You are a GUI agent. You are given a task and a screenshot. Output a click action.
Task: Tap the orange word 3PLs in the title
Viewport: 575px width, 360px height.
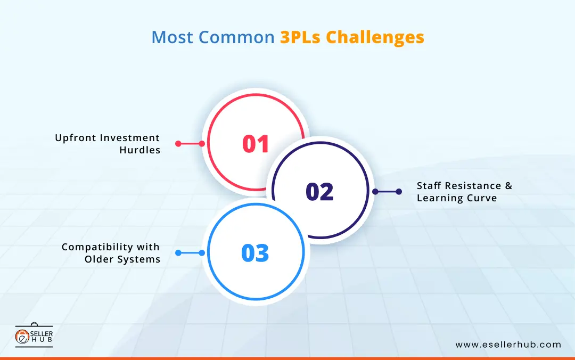tap(300, 37)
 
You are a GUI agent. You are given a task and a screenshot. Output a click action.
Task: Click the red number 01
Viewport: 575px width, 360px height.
tap(256, 144)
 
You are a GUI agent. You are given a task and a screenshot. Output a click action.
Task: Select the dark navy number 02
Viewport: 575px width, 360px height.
tap(319, 192)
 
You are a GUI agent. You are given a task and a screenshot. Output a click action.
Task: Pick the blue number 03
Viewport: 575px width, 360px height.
tap(255, 253)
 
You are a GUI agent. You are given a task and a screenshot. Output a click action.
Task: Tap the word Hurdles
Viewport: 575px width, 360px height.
tap(140, 150)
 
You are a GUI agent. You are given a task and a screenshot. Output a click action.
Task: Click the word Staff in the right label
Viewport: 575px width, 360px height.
tap(430, 186)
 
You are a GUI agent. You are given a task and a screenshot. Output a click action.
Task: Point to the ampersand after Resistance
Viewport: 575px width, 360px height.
tap(508, 186)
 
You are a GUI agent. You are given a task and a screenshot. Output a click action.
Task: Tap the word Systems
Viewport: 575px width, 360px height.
tap(141, 259)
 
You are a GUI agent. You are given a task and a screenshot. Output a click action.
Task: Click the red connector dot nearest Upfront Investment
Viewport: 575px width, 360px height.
tap(178, 143)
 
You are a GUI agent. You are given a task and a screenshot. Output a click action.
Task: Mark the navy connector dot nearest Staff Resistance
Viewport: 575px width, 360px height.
tap(399, 192)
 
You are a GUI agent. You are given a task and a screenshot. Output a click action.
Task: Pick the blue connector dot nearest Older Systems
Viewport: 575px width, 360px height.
tap(178, 253)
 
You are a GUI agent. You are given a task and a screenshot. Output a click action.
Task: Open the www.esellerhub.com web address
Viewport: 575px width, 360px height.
tap(508, 345)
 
